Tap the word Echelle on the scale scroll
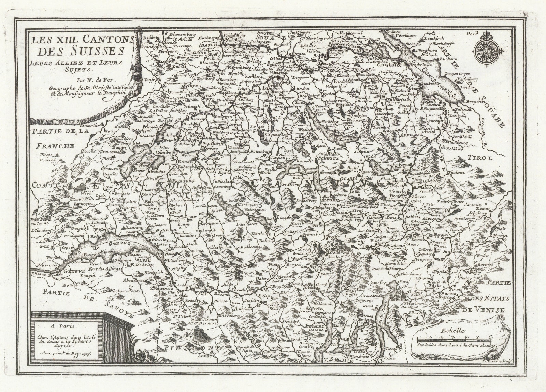(453, 330)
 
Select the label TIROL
(481, 158)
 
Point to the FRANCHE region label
(55, 146)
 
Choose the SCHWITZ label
(327, 158)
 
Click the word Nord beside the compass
(472, 34)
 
